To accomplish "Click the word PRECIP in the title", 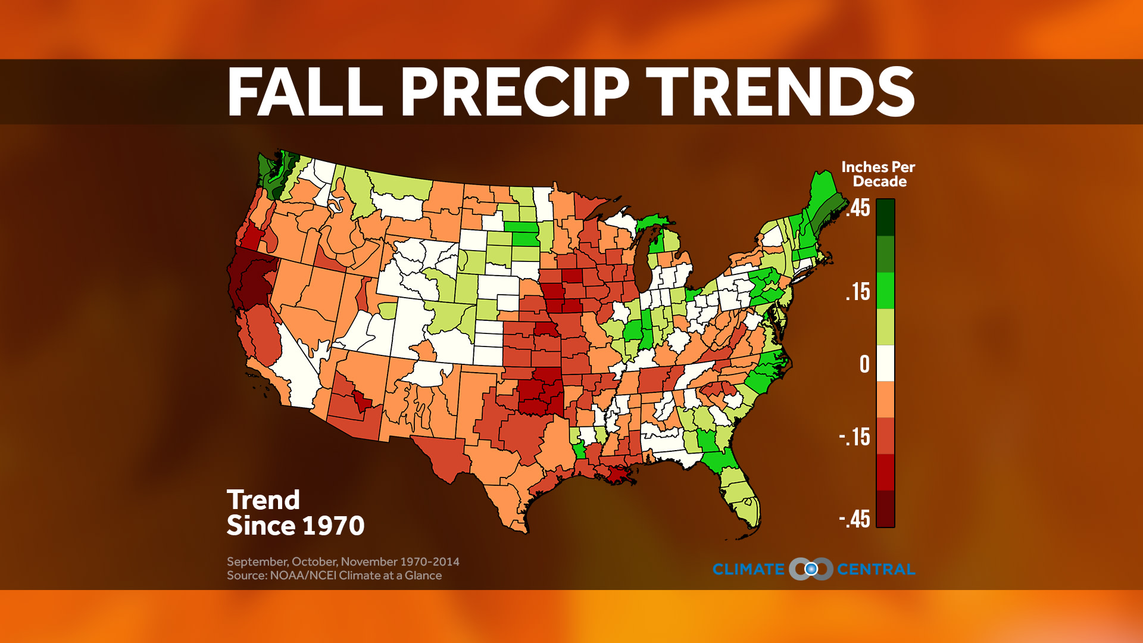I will [x=515, y=92].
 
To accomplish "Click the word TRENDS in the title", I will [x=780, y=92].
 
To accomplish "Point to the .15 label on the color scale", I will [x=858, y=292].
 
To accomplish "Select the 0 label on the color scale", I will [x=864, y=364].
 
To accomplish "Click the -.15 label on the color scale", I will [x=855, y=437].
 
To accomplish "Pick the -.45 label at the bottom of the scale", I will [x=855, y=519].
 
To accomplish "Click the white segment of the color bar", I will [x=885, y=363].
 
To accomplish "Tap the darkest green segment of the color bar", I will [x=885, y=217].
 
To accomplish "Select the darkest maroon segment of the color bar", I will [x=885, y=509].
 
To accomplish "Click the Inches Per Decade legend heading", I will [x=878, y=174].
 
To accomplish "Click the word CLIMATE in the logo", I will [x=748, y=569].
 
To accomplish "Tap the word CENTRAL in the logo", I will [x=876, y=569].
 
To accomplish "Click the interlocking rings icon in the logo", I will [x=811, y=569].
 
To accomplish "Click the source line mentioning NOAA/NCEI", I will [x=334, y=576].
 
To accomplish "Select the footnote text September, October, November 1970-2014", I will [x=343, y=561].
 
